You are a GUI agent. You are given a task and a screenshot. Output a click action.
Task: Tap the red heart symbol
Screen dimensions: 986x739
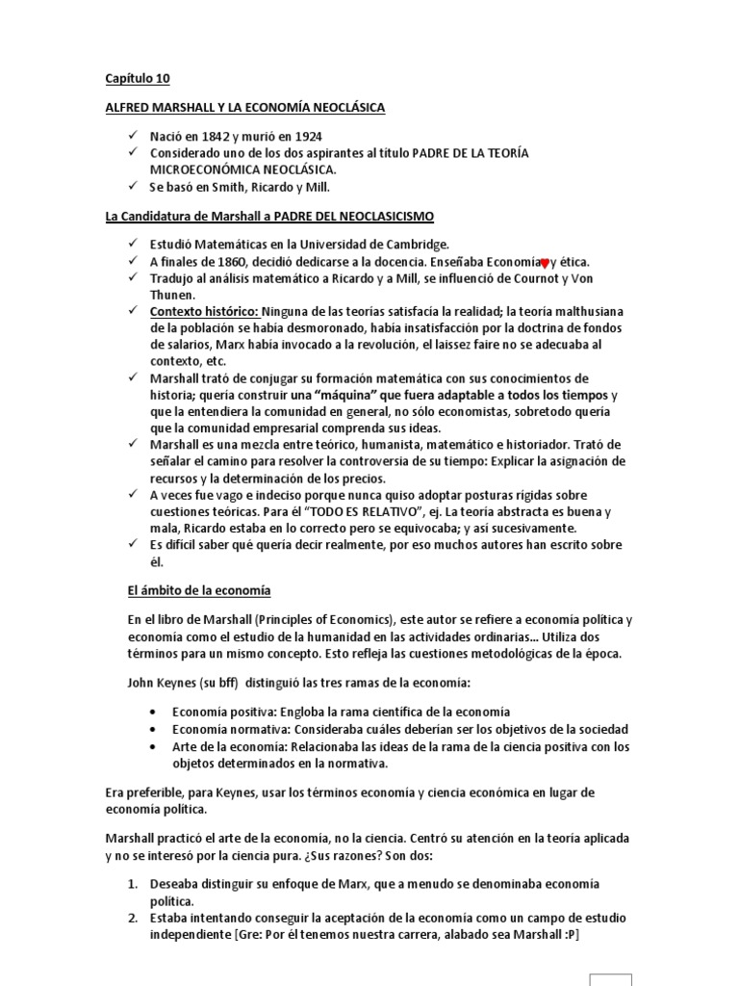coord(545,263)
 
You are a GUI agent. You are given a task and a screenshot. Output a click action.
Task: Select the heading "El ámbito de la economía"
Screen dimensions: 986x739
coord(198,590)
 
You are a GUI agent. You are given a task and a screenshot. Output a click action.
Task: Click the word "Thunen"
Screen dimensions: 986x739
coord(170,296)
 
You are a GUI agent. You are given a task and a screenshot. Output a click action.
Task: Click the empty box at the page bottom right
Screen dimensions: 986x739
coord(611,979)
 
